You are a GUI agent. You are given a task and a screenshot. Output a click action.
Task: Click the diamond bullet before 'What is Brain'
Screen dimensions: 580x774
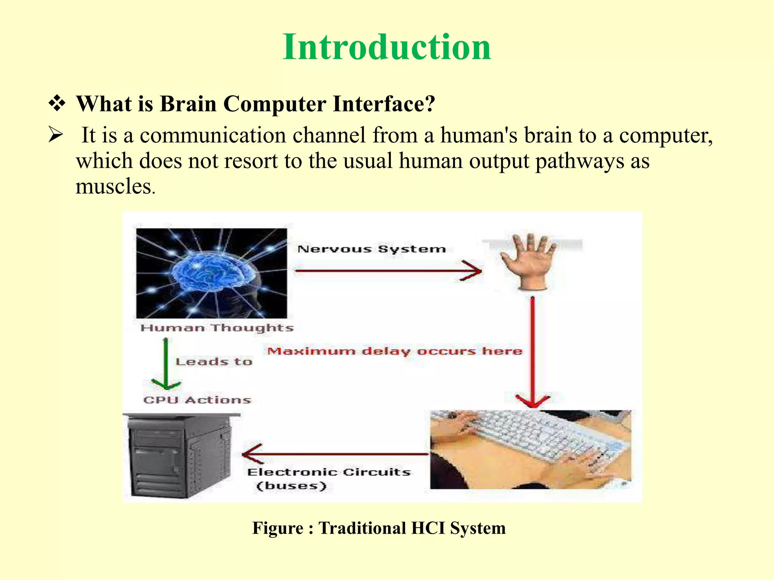[x=57, y=104]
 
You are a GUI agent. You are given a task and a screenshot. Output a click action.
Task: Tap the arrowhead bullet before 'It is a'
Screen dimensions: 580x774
[x=56, y=135]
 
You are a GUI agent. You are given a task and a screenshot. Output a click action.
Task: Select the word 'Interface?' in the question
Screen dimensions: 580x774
[x=384, y=104]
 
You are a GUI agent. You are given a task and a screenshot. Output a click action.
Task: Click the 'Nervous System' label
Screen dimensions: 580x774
[x=372, y=249]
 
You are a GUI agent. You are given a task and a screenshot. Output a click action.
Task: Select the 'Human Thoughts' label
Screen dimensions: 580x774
[x=217, y=328]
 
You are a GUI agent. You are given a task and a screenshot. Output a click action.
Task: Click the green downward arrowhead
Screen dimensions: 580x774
[x=166, y=385]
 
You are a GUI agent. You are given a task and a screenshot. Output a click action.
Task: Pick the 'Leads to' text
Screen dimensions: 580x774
[x=214, y=362]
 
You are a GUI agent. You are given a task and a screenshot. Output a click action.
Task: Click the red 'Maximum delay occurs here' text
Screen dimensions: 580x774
[x=395, y=351]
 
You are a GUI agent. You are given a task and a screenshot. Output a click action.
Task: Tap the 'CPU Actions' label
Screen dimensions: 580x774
[x=197, y=400]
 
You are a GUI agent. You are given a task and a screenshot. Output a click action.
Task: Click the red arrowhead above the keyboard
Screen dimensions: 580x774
[x=533, y=401]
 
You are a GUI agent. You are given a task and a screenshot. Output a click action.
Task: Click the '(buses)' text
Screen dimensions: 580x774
[x=291, y=486]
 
